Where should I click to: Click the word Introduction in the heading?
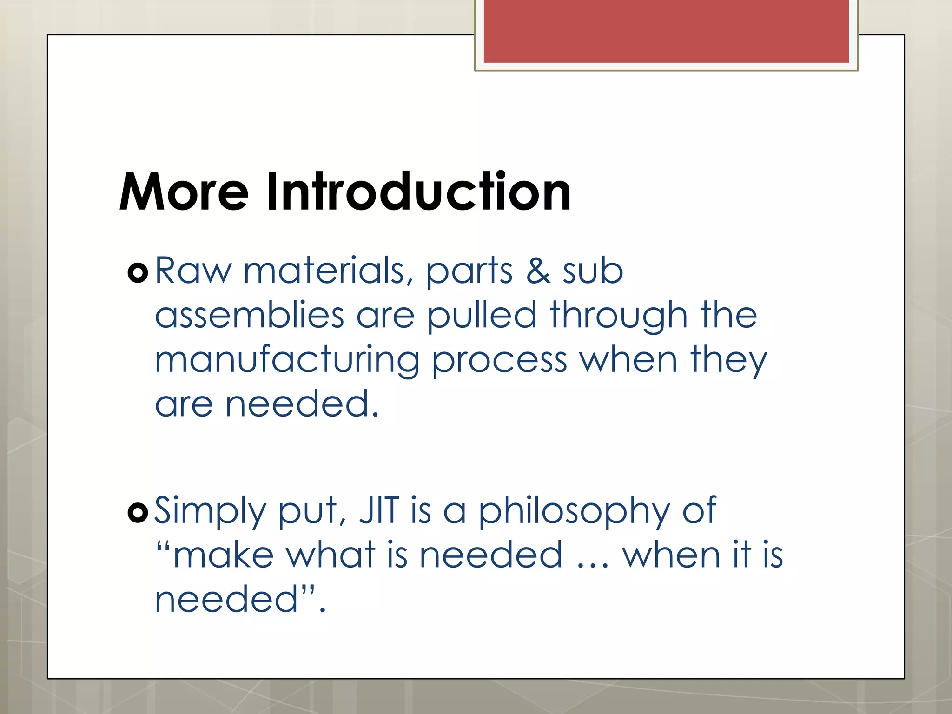[x=418, y=192]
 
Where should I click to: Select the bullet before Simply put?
[x=138, y=513]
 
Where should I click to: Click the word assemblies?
[x=249, y=315]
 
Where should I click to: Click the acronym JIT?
[x=379, y=510]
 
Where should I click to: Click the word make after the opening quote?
[x=224, y=555]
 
